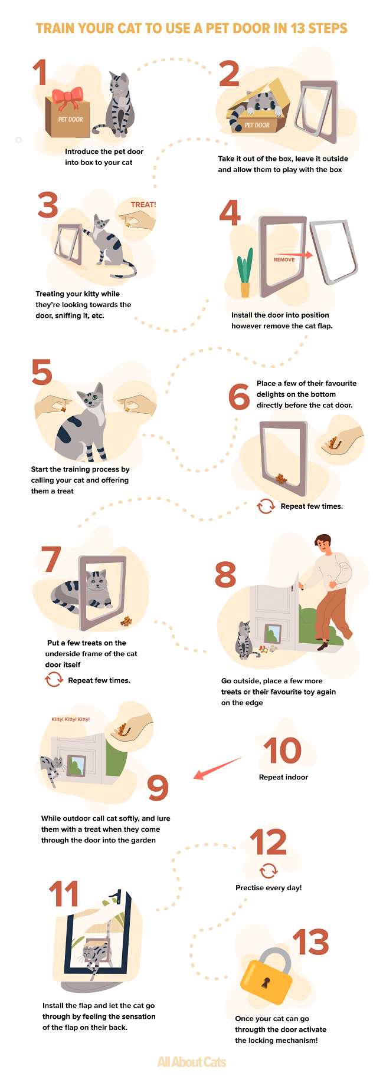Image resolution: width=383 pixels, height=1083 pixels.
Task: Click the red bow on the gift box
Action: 68,97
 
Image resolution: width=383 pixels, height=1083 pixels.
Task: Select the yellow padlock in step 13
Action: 267,979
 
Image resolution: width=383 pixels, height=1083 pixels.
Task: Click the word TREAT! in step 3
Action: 143,205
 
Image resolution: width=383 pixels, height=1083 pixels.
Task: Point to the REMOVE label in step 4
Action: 284,259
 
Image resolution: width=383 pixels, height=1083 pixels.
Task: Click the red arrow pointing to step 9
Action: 218,768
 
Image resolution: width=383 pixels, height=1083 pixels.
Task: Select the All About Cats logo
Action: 192,1062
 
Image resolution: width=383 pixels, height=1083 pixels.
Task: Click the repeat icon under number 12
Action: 269,871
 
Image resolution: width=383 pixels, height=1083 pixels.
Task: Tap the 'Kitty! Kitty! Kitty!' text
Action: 71,719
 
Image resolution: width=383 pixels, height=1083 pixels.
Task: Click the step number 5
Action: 42,373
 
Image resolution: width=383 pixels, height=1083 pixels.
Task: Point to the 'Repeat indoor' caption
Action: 283,777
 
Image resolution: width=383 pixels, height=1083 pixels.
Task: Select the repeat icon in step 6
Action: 266,506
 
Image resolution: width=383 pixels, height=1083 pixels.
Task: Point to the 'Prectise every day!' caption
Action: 269,887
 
